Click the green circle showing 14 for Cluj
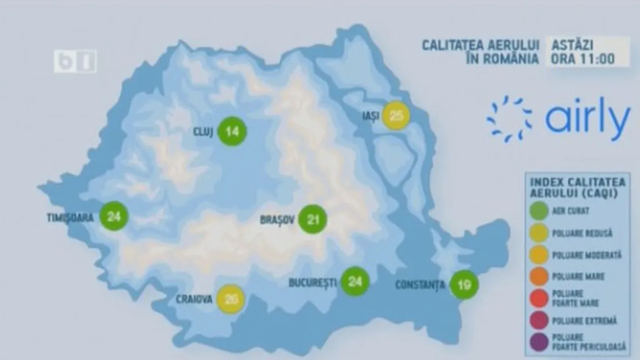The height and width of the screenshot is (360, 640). point(232,132)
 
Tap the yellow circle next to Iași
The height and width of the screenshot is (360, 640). point(396,116)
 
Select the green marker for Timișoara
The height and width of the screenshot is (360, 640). point(114,216)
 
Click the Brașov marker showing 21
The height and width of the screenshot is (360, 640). point(312,219)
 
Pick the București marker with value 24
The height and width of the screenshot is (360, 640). point(355,281)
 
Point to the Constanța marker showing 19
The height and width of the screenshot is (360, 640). point(464,285)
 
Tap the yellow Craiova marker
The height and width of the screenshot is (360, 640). point(231,299)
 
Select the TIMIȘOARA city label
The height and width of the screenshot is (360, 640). point(70,218)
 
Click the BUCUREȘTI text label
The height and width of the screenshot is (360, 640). point(313,282)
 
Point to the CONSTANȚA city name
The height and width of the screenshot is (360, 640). point(420,285)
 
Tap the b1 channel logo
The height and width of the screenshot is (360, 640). point(75,61)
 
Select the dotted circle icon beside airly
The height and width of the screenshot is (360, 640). point(509,118)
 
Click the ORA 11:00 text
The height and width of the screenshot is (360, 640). point(583,59)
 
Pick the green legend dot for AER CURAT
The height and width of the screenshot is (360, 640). point(538,211)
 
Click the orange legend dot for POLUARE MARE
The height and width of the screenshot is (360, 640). point(538,277)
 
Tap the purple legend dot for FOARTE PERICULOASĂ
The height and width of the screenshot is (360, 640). point(538,342)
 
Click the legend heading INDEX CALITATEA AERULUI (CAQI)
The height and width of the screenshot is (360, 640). point(578,187)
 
